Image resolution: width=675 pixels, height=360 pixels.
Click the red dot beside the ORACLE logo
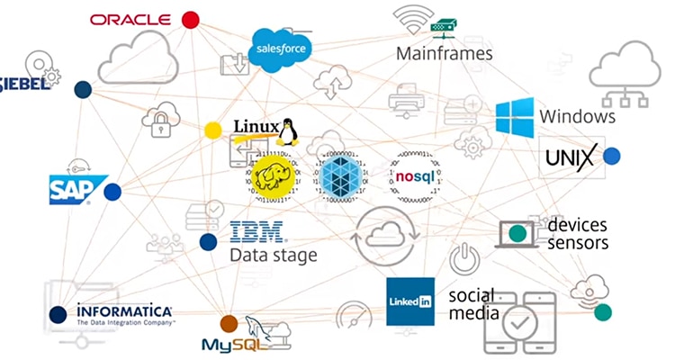click(x=190, y=19)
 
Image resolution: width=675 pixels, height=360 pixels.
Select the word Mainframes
click(x=445, y=54)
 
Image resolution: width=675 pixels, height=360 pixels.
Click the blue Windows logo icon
click(x=515, y=117)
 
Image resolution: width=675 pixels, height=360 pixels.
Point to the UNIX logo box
click(x=571, y=158)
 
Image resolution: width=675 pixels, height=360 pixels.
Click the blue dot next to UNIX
click(x=612, y=157)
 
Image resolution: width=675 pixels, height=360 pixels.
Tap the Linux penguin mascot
click(x=287, y=131)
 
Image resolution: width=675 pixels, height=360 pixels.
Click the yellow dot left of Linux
click(x=212, y=130)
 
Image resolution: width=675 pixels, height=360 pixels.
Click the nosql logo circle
click(x=416, y=175)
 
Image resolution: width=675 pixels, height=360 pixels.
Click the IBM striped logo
click(x=256, y=232)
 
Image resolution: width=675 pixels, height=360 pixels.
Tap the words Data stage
click(x=274, y=256)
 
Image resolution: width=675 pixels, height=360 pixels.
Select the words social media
click(x=473, y=304)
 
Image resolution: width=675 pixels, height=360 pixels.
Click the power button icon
click(x=464, y=258)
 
